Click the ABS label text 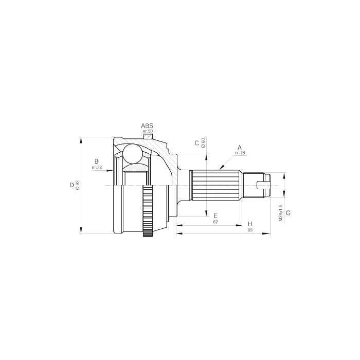147,126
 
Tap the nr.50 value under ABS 148,131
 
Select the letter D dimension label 71,185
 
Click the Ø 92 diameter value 77,185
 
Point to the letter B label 97,161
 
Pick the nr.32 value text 97,167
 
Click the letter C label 196,143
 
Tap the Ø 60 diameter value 203,143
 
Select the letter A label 240,148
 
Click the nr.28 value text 240,153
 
